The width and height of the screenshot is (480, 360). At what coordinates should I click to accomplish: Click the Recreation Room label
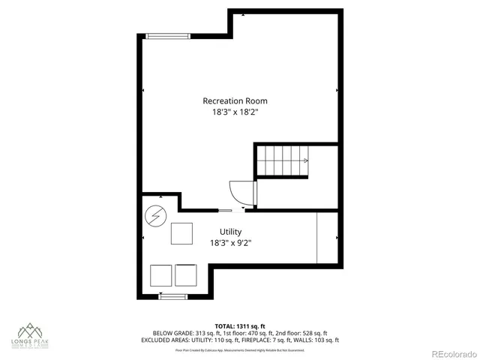click(x=235, y=100)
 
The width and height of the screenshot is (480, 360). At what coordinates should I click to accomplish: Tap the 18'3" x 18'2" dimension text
click(x=235, y=112)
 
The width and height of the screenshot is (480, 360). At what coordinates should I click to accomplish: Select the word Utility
click(x=230, y=232)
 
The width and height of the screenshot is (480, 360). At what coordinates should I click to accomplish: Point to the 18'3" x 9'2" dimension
click(x=230, y=243)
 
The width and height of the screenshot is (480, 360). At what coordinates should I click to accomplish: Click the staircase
click(x=283, y=160)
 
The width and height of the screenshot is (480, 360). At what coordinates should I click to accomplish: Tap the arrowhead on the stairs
click(x=305, y=160)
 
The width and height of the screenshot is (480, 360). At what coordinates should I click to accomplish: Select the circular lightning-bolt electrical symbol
click(x=155, y=217)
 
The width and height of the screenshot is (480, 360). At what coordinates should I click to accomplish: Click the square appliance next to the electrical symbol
click(x=182, y=233)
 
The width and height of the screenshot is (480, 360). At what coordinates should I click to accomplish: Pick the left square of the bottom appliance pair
click(x=161, y=275)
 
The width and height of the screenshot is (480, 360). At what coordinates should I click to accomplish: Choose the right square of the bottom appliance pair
click(x=186, y=275)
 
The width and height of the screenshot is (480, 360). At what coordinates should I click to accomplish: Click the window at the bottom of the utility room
click(x=172, y=296)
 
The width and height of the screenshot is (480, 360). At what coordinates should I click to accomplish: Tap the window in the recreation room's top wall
click(x=167, y=35)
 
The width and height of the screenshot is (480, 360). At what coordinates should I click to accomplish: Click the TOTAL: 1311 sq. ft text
click(x=240, y=326)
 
